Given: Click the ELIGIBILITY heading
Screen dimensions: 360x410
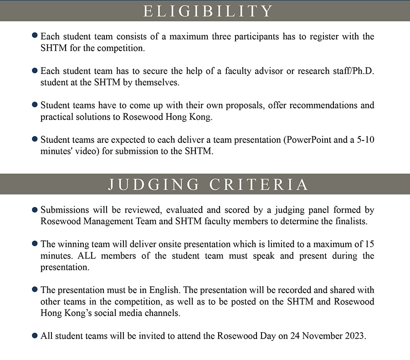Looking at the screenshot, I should click(208, 11).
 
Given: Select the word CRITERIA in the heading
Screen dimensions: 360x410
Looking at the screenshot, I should click(259, 184).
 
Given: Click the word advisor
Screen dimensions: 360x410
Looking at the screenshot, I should click(248, 71).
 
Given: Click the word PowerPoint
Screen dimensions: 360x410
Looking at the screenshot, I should click(307, 140).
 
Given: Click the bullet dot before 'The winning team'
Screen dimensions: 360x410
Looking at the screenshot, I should click(35, 244).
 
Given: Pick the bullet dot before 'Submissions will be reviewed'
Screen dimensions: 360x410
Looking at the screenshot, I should click(35, 210).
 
